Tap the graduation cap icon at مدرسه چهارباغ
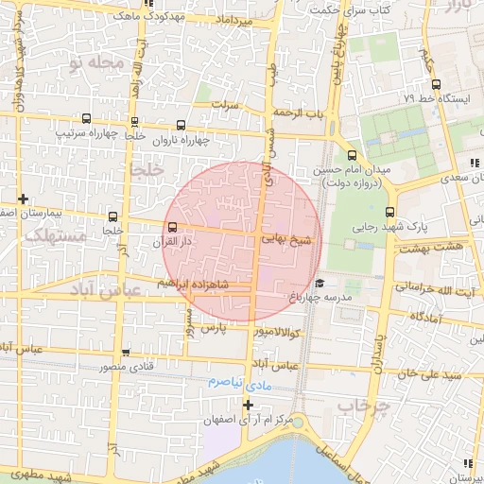click(x=320, y=284)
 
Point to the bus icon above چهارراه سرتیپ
click(x=87, y=119)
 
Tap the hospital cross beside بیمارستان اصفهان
click(x=22, y=199)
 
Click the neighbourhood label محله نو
click(x=95, y=62)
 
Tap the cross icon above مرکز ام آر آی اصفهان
click(x=249, y=405)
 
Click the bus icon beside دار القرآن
click(x=172, y=228)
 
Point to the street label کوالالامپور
click(x=277, y=333)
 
